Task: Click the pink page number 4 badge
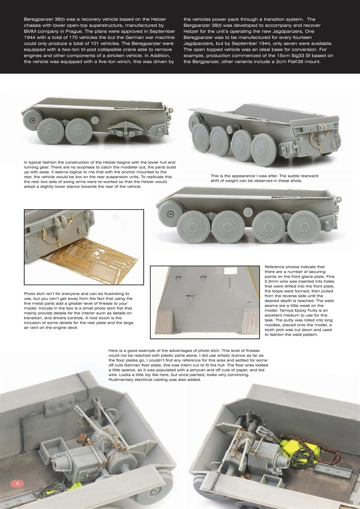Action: [x=17, y=483]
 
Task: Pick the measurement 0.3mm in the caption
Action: [x=274, y=281]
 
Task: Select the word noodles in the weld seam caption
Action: [x=274, y=325]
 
